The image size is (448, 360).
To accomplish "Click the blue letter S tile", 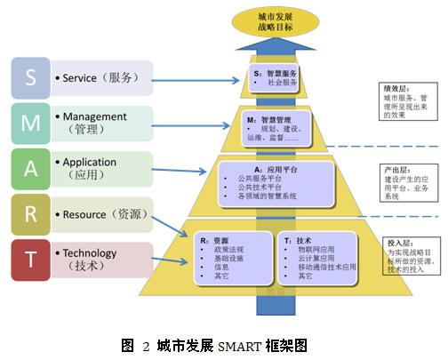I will click(31, 78).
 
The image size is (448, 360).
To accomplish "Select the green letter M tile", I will click(31, 124).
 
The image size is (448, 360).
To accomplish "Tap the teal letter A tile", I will click(31, 169).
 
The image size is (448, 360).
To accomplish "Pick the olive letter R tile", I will click(31, 214).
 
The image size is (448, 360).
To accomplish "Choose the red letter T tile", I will click(31, 260).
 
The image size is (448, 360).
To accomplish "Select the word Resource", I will click(92, 214).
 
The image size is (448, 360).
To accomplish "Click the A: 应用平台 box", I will click(276, 183).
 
